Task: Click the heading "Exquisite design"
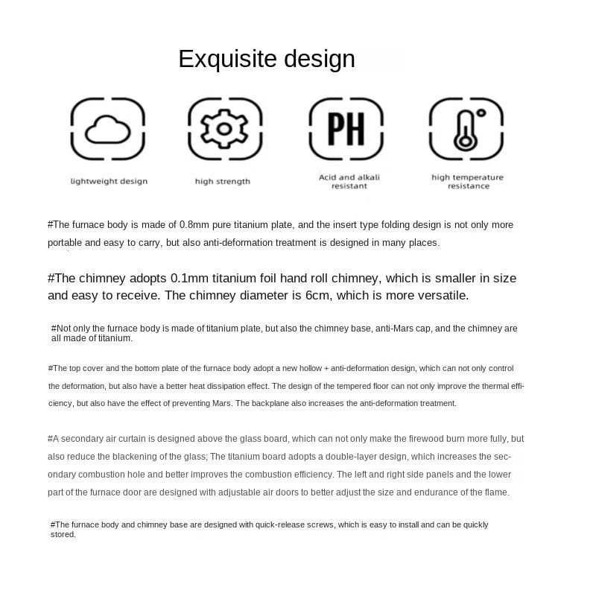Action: coord(266,59)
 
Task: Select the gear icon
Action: coord(224,130)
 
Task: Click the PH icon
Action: coord(346,129)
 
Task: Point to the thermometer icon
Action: coord(467,129)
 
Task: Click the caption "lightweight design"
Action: coord(109,181)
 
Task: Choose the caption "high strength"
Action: coord(223,181)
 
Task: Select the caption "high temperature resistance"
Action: coord(467,182)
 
